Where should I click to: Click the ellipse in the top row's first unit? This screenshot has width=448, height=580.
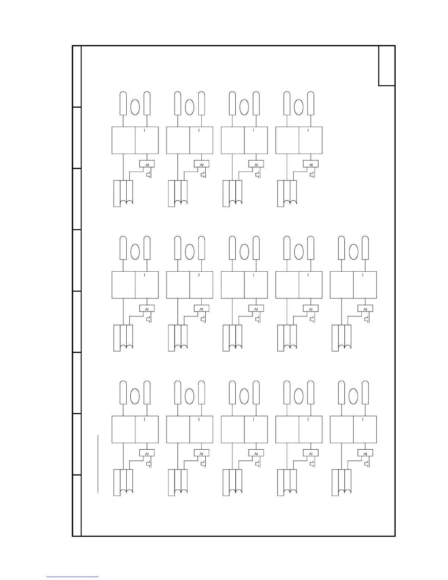coord(135,107)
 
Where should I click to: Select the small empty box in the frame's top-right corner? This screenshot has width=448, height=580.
coord(387,66)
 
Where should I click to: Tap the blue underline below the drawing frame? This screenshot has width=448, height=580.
coord(72,577)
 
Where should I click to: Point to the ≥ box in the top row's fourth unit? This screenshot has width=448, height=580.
coord(311,164)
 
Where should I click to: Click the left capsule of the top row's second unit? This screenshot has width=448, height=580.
coord(178,104)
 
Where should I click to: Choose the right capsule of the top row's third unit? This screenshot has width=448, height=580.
coord(256,104)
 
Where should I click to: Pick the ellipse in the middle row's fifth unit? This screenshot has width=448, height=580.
coord(354,252)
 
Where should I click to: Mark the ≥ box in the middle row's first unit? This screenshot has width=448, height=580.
coord(147,309)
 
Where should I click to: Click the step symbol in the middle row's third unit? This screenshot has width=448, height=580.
coord(258,319)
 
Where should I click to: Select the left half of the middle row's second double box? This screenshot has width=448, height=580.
coord(178,285)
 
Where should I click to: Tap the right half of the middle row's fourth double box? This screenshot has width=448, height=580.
coord(310,285)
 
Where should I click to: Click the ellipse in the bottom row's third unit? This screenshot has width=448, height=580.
coord(244,396)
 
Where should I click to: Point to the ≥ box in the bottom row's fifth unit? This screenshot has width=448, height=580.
coord(365,453)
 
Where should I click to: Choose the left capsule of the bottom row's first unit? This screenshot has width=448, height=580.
coord(123,393)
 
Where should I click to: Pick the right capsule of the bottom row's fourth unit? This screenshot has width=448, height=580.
coord(311,393)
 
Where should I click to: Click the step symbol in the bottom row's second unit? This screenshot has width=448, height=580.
coord(203,464)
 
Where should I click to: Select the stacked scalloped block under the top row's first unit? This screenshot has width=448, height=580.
coord(123,193)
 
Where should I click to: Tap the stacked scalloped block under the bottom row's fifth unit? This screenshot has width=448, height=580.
coord(341,482)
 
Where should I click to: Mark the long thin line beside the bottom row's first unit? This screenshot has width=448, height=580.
coord(98,464)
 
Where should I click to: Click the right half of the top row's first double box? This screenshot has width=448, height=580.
coord(147,141)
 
